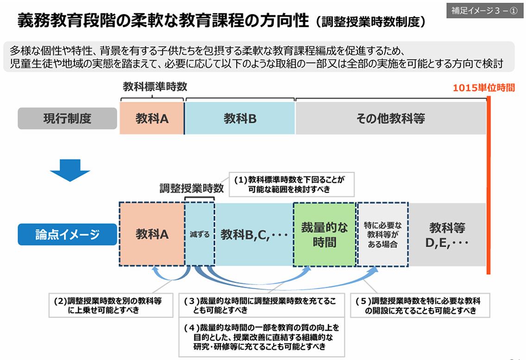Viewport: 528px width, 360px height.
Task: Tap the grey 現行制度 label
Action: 67,119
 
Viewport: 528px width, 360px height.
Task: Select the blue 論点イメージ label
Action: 67,234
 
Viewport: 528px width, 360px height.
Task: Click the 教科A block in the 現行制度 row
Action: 151,119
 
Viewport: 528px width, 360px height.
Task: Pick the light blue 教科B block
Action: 240,119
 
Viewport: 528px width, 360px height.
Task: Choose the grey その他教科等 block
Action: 390,119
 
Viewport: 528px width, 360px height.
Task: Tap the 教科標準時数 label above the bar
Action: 155,87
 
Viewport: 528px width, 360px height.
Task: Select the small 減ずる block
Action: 200,234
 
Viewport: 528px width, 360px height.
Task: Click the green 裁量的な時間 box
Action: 324,234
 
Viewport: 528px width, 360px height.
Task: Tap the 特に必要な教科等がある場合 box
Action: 383,234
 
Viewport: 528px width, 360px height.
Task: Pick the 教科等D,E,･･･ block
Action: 447,234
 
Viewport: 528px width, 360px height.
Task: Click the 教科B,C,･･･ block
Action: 254,234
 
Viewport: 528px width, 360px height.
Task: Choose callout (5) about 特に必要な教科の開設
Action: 420,305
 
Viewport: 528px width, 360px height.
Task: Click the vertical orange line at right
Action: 489,185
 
